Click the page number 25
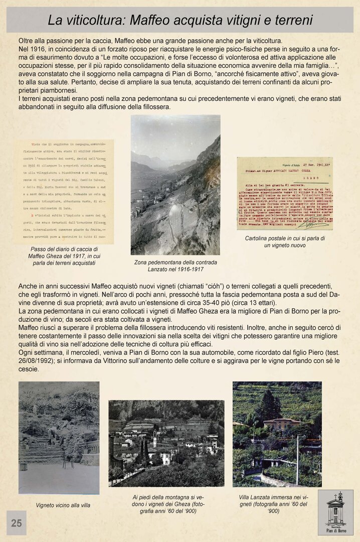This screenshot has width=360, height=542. [17, 523]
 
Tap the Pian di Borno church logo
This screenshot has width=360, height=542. [335, 512]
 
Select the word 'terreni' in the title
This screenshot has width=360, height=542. [289, 20]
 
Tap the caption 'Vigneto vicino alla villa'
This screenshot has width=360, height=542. [63, 505]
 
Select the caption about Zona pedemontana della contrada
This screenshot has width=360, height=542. [175, 266]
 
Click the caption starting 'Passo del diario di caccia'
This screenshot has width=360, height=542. [64, 256]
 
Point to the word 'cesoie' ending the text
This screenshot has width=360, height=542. [29, 369]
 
